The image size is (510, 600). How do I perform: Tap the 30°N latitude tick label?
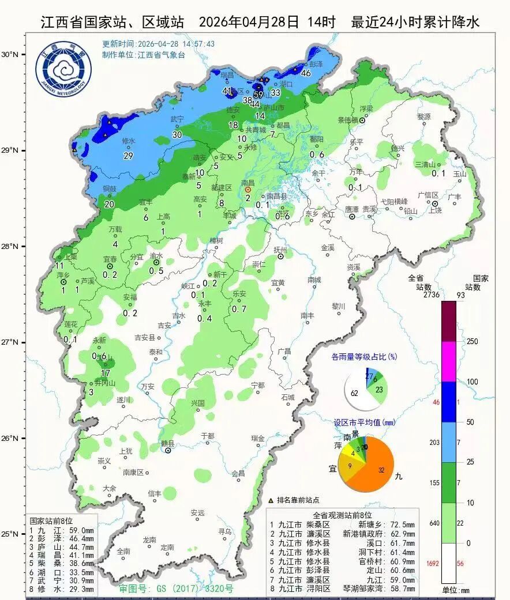tap(10, 55)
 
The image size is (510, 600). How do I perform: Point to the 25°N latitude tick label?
tap(10, 534)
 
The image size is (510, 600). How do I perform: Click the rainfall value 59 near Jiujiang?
tap(258, 95)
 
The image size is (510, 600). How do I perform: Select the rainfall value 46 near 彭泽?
tap(306, 73)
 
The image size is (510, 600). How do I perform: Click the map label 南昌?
tap(248, 183)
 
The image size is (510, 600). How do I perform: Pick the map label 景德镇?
tap(348, 120)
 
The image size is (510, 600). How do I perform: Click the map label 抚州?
tap(280, 250)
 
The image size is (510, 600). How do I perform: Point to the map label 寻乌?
tap(224, 531)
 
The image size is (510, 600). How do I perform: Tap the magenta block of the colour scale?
tap(449, 361)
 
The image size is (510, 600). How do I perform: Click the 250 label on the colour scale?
tap(472, 342)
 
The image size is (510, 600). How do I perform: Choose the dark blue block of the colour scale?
tap(449, 402)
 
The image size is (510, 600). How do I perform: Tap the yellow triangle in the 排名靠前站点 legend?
tap(271, 500)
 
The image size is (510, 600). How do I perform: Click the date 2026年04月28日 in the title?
tap(249, 22)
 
